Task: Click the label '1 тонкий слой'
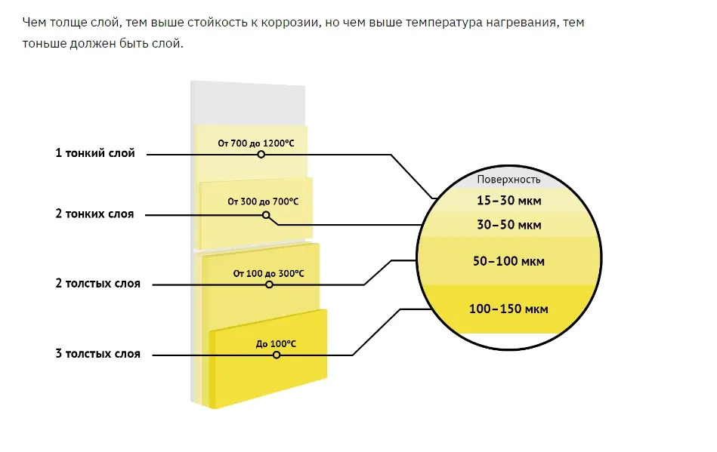point(95,153)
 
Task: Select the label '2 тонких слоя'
point(94,214)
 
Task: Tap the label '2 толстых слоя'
point(98,284)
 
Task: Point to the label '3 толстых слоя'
point(98,354)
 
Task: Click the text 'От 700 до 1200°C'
point(256,143)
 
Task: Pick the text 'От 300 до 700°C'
point(263,201)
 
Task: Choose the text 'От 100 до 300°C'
point(268,273)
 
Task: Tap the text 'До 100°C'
point(276,344)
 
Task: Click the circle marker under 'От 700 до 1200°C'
point(261,155)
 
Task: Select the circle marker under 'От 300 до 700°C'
point(266,215)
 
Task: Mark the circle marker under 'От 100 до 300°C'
point(269,284)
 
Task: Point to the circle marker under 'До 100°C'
point(277,355)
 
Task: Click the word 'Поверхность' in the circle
point(508,180)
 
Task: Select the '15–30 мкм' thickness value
point(509,201)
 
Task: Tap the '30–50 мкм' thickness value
point(509,225)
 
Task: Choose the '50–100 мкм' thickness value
point(508,261)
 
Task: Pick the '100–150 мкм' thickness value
point(508,309)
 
